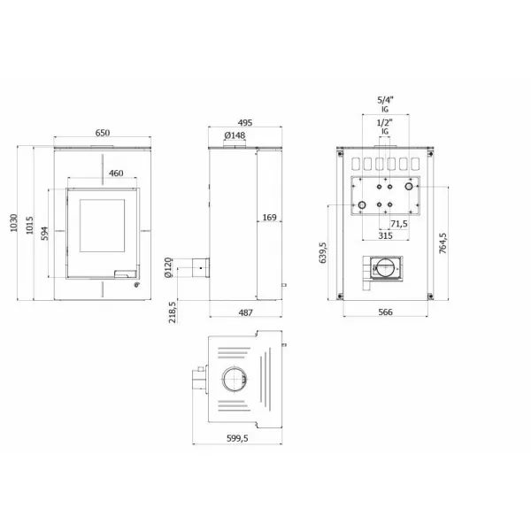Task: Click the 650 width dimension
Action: [x=103, y=133]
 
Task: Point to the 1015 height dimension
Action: [x=29, y=227]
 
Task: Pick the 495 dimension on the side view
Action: [x=235, y=123]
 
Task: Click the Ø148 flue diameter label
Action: [x=235, y=135]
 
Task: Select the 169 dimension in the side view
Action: [x=270, y=217]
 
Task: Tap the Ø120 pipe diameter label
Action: [x=168, y=268]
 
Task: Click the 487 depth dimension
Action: [x=246, y=312]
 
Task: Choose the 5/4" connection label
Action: [x=384, y=99]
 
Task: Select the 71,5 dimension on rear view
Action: [x=398, y=224]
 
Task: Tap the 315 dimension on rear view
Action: [x=385, y=236]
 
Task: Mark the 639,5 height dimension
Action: [x=324, y=253]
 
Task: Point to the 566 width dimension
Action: [x=385, y=312]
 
